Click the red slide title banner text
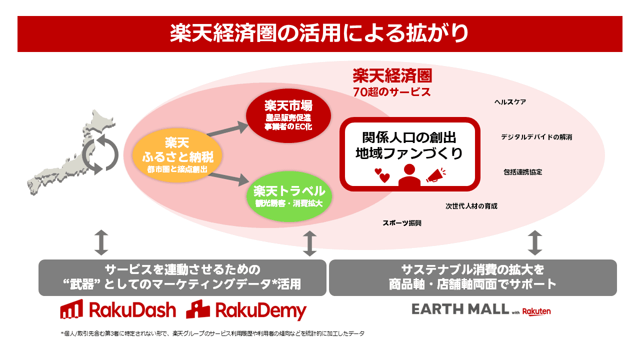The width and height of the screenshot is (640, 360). click(319, 34)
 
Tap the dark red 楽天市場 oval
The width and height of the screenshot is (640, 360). click(288, 114)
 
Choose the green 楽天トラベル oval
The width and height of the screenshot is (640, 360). click(289, 195)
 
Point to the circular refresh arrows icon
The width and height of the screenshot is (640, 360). click(100, 152)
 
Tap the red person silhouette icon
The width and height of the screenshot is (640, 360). click(409, 175)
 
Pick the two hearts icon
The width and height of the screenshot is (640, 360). click(382, 175)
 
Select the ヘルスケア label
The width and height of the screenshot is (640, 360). click(510, 102)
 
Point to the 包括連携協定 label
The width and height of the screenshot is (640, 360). click(522, 172)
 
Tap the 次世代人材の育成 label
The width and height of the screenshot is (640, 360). click(471, 206)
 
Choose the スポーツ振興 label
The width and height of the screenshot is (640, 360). click(402, 223)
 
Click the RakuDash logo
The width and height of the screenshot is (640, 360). click(118, 310)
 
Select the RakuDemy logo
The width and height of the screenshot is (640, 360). click(246, 310)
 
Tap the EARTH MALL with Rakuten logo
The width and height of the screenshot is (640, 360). click(481, 310)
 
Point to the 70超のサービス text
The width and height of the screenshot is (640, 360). click(391, 92)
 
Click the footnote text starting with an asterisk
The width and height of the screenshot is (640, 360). click(212, 333)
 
